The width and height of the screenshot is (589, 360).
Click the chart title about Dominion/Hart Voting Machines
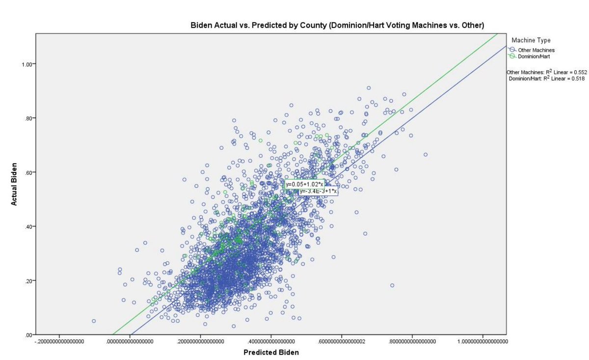click(x=338, y=25)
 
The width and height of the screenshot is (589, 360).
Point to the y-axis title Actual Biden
click(x=14, y=183)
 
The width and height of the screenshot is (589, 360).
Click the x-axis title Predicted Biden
click(x=271, y=352)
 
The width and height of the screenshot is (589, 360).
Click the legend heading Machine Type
click(x=531, y=40)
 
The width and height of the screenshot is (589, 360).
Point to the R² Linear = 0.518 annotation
click(x=546, y=78)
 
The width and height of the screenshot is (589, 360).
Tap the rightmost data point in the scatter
click(x=426, y=155)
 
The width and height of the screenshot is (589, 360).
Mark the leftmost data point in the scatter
click(x=94, y=321)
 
